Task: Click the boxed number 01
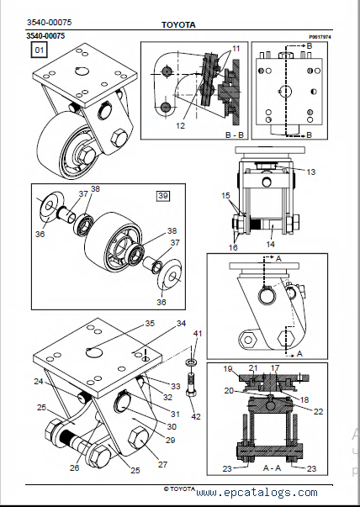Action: [40, 50]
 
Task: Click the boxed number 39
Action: [163, 196]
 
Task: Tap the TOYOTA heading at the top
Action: [178, 25]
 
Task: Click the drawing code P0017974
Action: [320, 37]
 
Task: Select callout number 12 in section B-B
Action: [181, 126]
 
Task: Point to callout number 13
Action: [311, 172]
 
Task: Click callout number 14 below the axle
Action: [270, 244]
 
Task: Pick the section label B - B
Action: [235, 135]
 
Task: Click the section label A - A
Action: [272, 468]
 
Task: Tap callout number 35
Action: [150, 324]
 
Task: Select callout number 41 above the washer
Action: [198, 333]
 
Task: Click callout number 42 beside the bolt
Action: [196, 416]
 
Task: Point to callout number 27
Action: [162, 464]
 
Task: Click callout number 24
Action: [39, 382]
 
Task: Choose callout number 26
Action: [74, 467]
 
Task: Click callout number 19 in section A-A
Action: [228, 368]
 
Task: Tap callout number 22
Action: [319, 411]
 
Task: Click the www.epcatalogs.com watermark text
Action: [257, 493]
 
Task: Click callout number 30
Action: [172, 427]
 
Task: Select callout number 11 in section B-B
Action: [236, 49]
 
